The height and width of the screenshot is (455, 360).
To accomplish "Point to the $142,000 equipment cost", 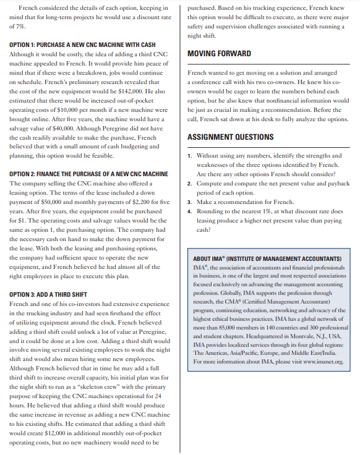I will click(135, 90).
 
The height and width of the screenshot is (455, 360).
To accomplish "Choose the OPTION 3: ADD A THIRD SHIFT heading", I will click(48, 294).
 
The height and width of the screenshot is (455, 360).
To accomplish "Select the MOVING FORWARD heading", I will click(219, 54).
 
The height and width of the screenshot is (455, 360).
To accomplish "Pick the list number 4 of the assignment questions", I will click(189, 211).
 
